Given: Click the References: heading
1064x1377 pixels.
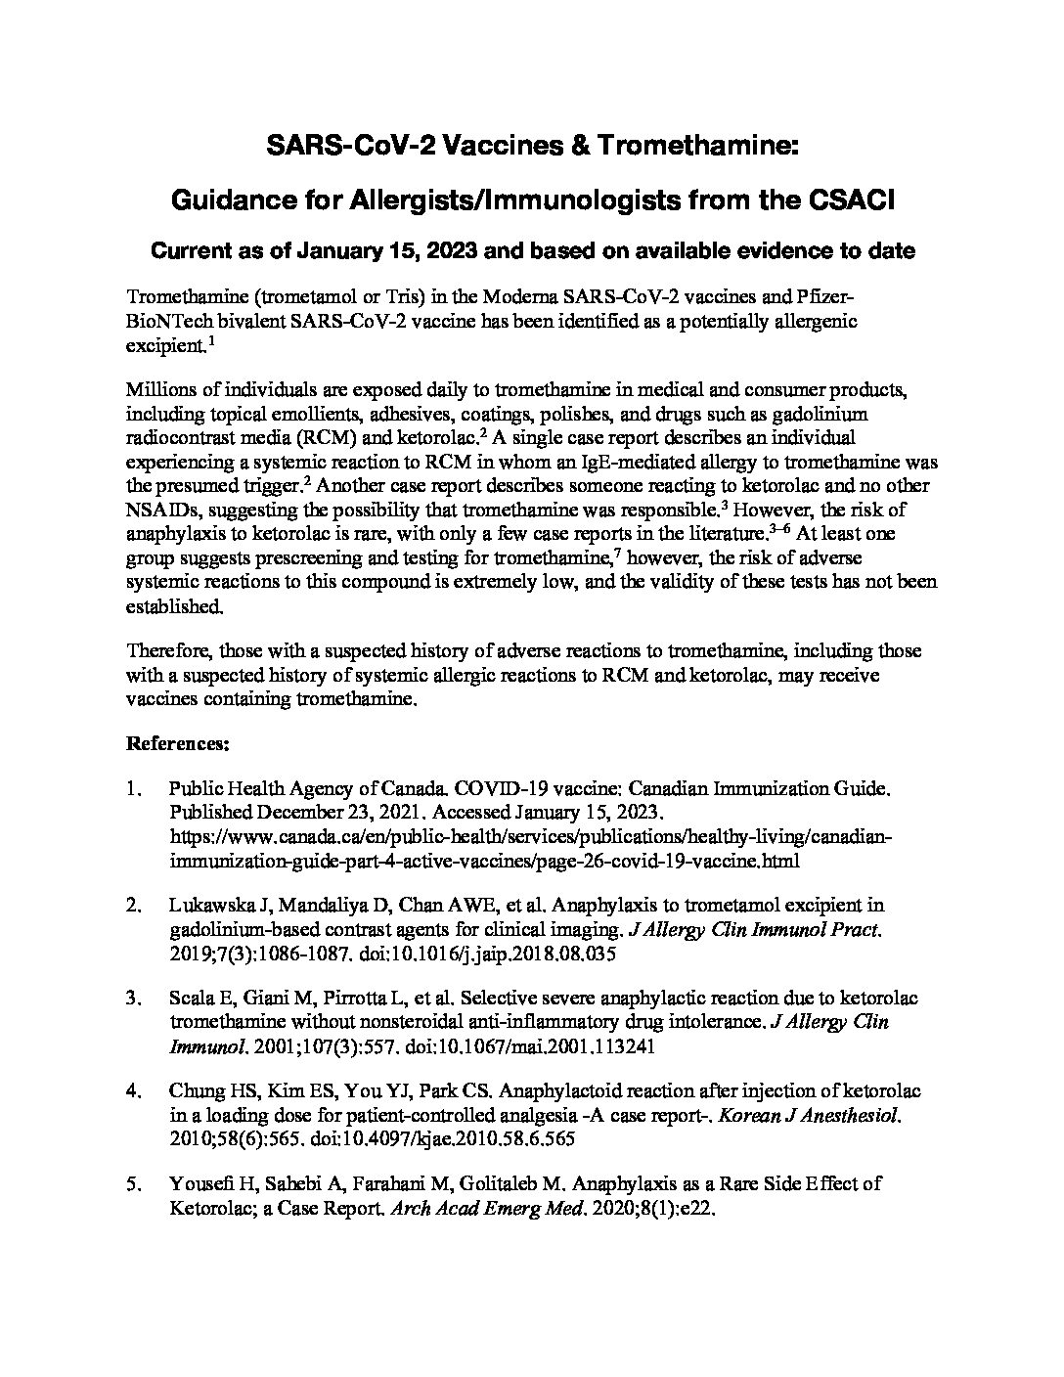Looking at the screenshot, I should [178, 744].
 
